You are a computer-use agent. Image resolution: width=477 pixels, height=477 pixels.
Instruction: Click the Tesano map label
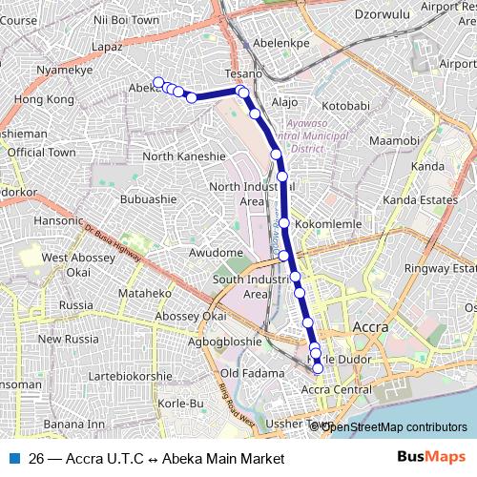pyautogui.click(x=243, y=73)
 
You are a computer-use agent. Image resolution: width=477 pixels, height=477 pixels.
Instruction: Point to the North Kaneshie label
pyautogui.click(x=184, y=156)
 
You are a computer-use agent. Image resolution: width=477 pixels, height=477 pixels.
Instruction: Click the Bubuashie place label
pyautogui.click(x=149, y=199)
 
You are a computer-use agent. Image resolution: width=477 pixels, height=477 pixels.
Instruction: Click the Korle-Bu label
pyautogui.click(x=181, y=404)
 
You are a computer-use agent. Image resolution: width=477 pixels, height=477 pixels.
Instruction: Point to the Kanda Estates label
pyautogui.click(x=420, y=200)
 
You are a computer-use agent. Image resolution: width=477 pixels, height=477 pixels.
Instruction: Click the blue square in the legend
pyautogui.click(x=13, y=458)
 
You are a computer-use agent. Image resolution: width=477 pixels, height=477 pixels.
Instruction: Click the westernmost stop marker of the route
pyautogui.click(x=157, y=82)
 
